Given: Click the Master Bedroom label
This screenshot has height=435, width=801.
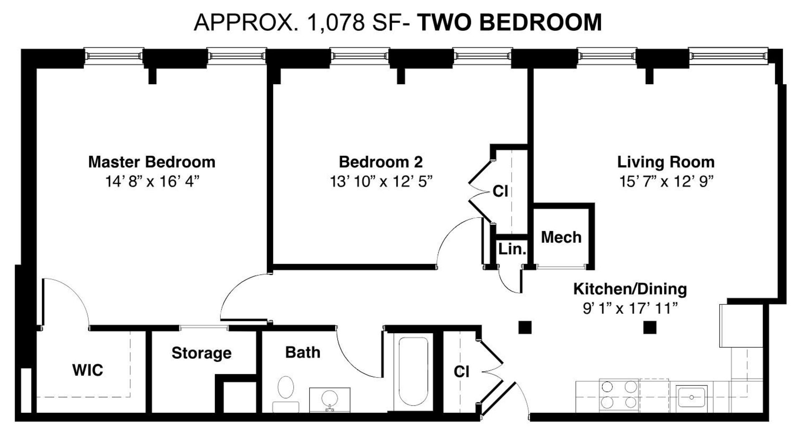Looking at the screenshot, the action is click(151, 162).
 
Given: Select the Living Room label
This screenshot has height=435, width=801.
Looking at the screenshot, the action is click(666, 162).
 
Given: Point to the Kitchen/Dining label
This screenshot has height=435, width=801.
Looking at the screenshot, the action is click(630, 289).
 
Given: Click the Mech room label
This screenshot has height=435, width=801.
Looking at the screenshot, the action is click(561, 237).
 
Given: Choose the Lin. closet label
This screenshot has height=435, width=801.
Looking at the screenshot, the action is click(512, 249).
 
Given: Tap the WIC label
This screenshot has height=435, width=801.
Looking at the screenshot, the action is click(88, 370).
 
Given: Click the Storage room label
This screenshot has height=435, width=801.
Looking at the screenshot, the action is click(202, 353).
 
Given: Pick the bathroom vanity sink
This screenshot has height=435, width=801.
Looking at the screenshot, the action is click(330, 400).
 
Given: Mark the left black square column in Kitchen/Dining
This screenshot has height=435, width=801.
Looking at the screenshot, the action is click(525, 327).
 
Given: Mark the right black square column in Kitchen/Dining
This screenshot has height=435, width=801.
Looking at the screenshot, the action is click(650, 327).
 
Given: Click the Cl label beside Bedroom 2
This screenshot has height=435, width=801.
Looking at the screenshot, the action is click(500, 191).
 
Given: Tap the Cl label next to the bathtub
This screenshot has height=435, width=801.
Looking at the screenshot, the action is click(461, 371).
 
